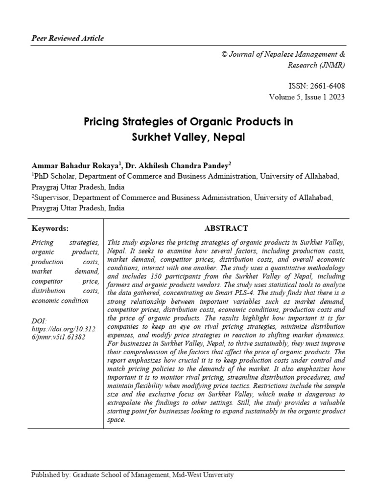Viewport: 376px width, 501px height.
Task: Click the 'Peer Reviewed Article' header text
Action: pyautogui.click(x=68, y=38)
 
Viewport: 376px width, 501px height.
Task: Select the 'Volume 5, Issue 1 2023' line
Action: pyautogui.click(x=306, y=96)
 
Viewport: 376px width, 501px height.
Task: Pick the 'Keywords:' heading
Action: pyautogui.click(x=50, y=228)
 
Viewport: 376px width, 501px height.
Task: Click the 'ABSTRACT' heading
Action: pyautogui.click(x=226, y=228)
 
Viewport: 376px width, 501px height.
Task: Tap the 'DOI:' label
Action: pyautogui.click(x=39, y=320)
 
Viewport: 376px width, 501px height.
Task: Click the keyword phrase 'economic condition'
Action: pyautogui.click(x=60, y=300)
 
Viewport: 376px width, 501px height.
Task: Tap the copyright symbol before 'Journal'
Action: pyautogui.click(x=225, y=54)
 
